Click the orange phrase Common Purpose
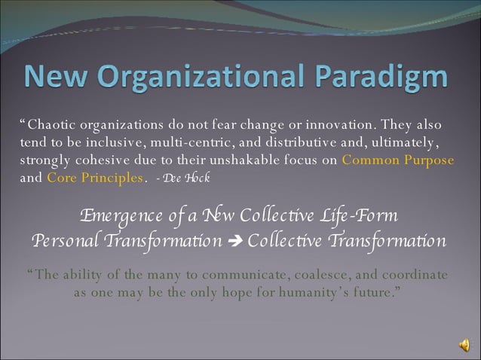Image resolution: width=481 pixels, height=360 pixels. click(398, 160)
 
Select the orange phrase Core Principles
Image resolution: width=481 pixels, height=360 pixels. click(95, 178)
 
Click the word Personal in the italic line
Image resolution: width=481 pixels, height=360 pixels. click(66, 241)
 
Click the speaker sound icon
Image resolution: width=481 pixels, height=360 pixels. click(464, 344)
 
